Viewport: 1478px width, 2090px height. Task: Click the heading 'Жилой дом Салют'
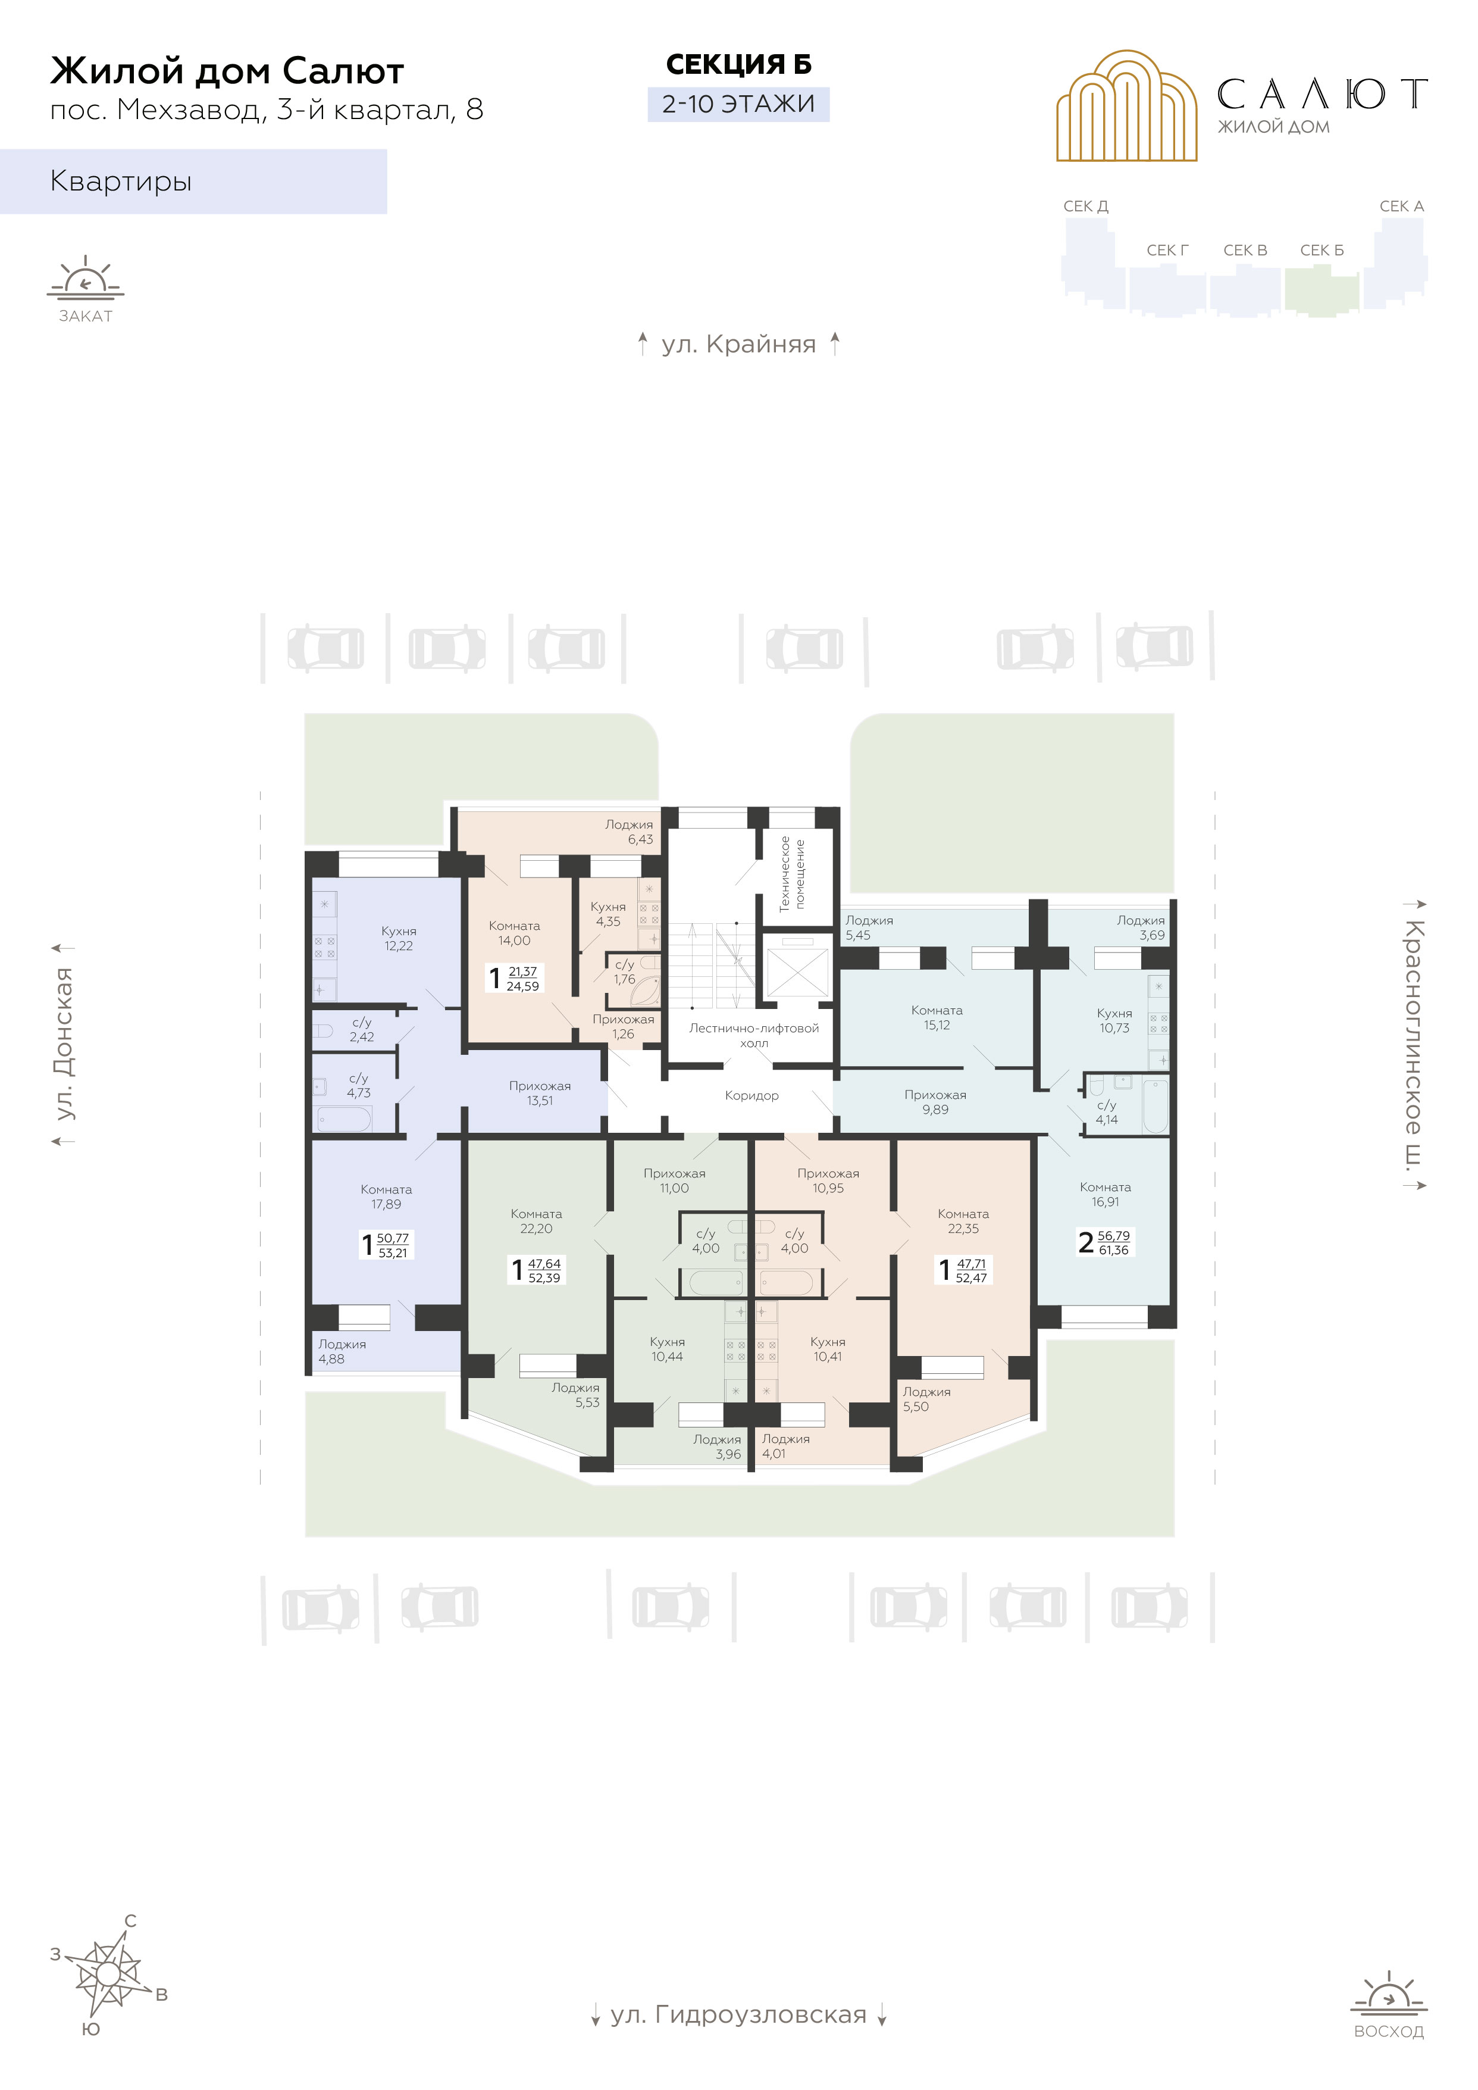(227, 71)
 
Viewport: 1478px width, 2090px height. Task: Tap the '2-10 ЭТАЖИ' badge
(738, 104)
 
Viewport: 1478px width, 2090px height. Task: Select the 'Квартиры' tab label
(121, 181)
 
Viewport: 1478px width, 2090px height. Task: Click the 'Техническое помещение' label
(792, 874)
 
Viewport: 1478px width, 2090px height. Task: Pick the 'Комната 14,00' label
(514, 933)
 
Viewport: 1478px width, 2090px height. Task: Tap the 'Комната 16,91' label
(1106, 1194)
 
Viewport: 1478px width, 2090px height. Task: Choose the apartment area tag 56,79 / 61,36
(1113, 1242)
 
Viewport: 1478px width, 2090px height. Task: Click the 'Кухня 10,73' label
(1115, 1020)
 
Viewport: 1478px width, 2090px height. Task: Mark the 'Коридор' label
(751, 1095)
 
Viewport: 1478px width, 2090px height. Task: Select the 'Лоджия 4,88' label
(342, 1352)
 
